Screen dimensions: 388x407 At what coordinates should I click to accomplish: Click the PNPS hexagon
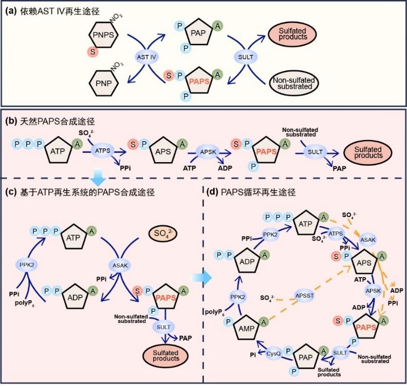(x=104, y=36)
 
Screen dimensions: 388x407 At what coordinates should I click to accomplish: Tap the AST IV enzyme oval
(x=146, y=57)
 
